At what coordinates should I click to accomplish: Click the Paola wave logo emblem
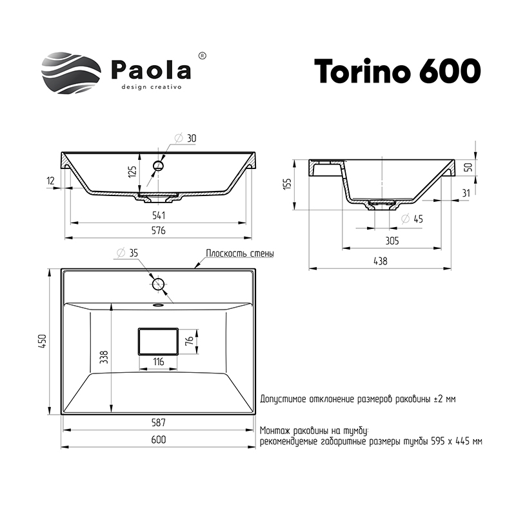click(x=71, y=73)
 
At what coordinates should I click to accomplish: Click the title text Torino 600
click(x=397, y=72)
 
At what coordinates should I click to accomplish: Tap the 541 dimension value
click(x=159, y=215)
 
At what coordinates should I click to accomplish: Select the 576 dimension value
click(x=158, y=230)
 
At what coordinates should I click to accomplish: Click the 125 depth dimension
click(x=132, y=172)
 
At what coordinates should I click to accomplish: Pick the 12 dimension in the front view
click(x=51, y=181)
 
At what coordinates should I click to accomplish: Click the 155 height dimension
click(x=287, y=185)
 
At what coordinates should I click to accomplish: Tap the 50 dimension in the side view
click(x=470, y=167)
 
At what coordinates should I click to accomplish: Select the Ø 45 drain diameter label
click(x=412, y=219)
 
